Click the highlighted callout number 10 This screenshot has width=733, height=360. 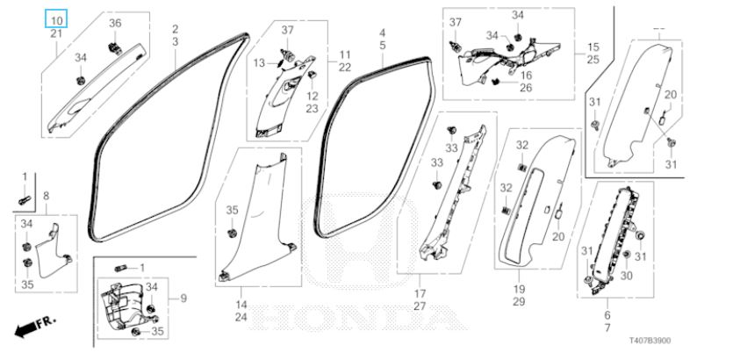point(55,20)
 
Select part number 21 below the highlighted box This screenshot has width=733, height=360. point(55,33)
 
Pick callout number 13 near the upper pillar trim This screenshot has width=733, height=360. point(259,63)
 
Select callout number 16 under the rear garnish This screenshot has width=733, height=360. point(526,76)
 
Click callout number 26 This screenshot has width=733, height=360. point(526,88)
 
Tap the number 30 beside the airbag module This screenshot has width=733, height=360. point(626,275)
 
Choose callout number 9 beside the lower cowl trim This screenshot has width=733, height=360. point(183,299)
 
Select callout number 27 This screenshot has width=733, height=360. point(420,306)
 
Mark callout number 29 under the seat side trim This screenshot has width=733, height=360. point(519,301)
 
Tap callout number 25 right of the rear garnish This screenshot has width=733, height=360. point(593,59)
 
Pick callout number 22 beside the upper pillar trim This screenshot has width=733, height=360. point(345,68)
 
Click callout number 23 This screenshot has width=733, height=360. point(312,109)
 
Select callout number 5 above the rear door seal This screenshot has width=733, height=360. point(383,45)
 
